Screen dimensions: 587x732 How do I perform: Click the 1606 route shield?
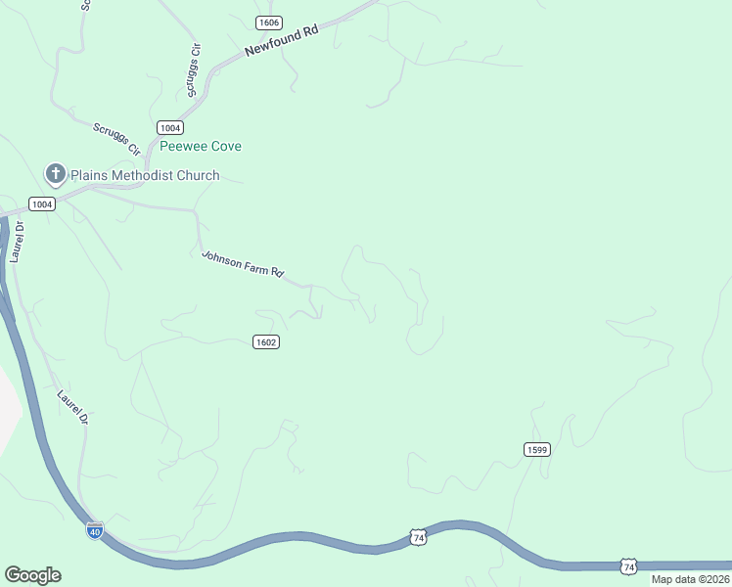tap(269, 23)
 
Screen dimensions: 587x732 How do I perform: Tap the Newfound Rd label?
tap(282, 44)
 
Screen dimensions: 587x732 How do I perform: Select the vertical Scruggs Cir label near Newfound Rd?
tap(193, 70)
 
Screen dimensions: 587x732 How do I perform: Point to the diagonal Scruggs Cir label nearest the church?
tap(117, 138)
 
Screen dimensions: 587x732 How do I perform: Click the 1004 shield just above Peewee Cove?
tap(170, 128)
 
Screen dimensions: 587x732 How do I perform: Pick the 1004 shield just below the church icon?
tap(41, 203)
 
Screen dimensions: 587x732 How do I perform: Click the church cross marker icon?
tap(56, 175)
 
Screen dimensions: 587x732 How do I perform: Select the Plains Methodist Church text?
tap(145, 176)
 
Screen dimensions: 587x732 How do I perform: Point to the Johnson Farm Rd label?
tap(242, 265)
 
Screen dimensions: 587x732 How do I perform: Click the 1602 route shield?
tap(266, 341)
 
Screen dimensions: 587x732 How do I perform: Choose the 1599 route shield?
tap(536, 449)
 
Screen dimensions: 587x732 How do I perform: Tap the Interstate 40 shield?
tap(95, 530)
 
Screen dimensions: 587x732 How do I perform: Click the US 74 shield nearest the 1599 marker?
tap(418, 538)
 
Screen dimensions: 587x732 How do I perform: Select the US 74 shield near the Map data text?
tap(628, 566)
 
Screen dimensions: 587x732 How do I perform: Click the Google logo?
tap(32, 575)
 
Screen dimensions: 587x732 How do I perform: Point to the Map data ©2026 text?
tap(690, 579)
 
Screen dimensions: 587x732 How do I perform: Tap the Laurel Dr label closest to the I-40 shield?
tap(73, 407)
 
